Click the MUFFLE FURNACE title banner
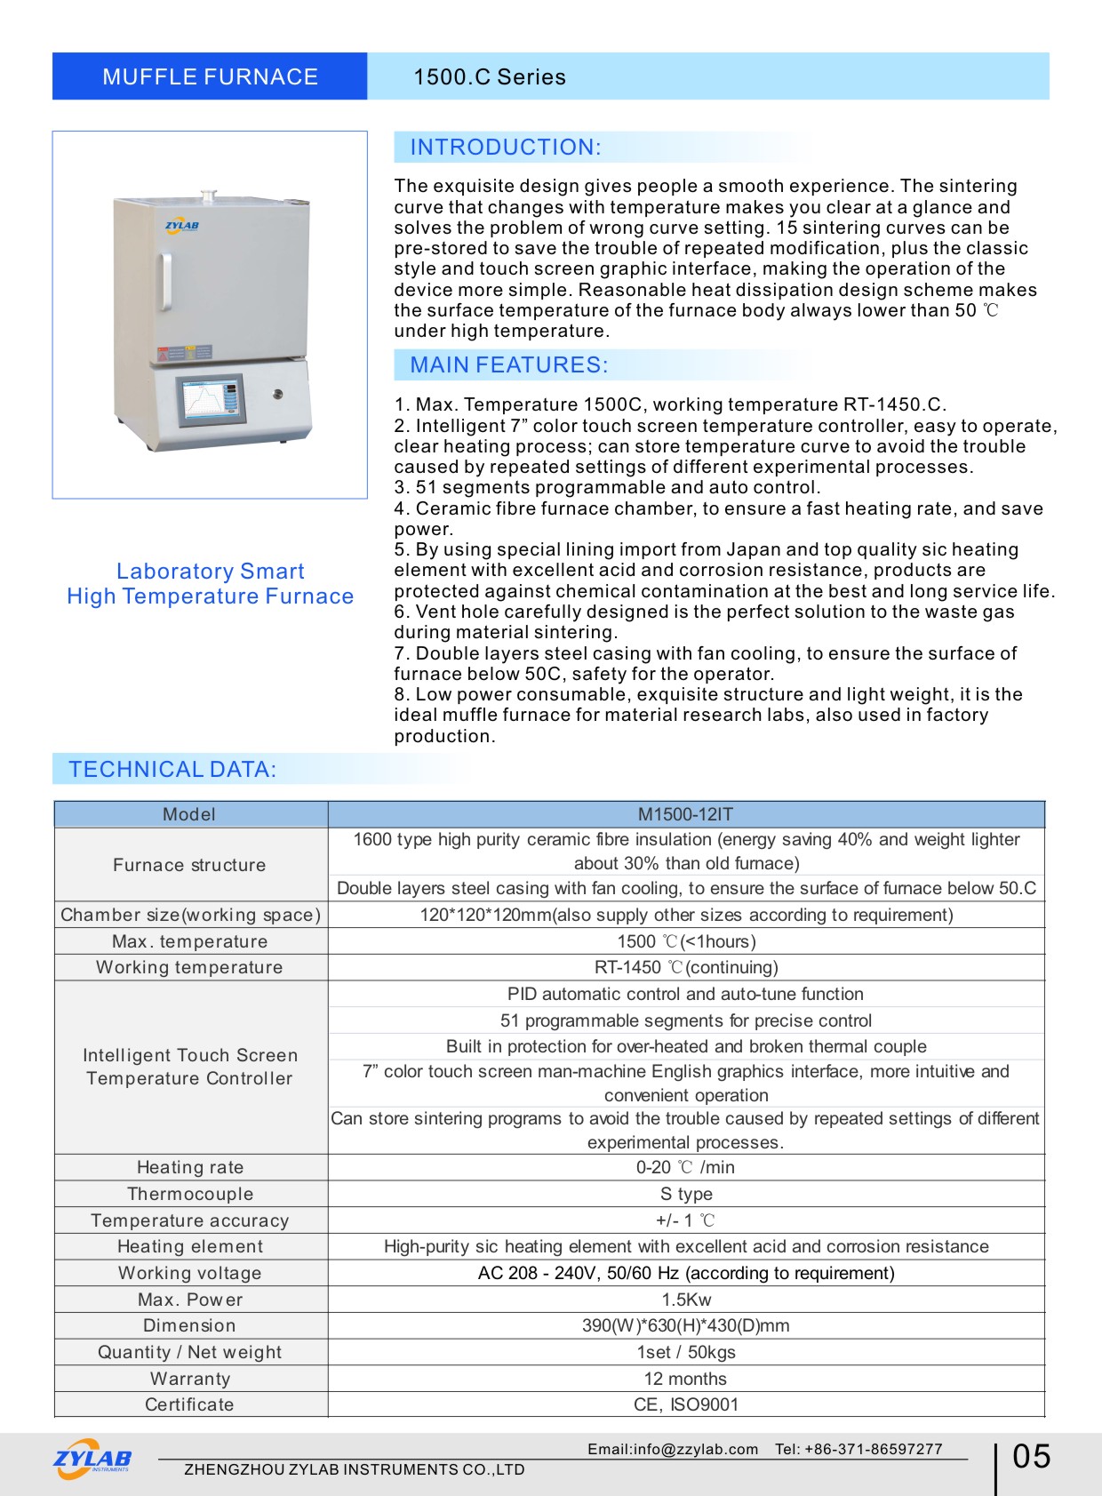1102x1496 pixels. click(x=210, y=76)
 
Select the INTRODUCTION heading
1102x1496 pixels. click(x=505, y=148)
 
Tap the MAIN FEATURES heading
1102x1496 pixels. click(x=508, y=365)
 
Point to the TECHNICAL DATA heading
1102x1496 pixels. click(x=172, y=770)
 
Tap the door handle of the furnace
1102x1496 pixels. click(x=165, y=282)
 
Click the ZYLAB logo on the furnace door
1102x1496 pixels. click(x=182, y=226)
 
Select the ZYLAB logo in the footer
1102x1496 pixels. click(x=92, y=1459)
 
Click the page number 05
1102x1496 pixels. click(x=1031, y=1457)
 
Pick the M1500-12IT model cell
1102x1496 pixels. click(x=685, y=814)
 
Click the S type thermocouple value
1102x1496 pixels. click(x=685, y=1194)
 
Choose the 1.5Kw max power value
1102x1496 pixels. click(x=685, y=1300)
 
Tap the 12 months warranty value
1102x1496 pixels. click(x=685, y=1379)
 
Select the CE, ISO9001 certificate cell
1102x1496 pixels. click(x=685, y=1404)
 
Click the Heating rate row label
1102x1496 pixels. click(x=190, y=1167)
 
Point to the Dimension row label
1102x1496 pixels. click(x=190, y=1325)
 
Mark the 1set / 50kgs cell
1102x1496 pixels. click(x=685, y=1352)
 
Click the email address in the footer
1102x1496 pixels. click(x=673, y=1449)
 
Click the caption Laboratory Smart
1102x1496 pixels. click(x=210, y=572)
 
